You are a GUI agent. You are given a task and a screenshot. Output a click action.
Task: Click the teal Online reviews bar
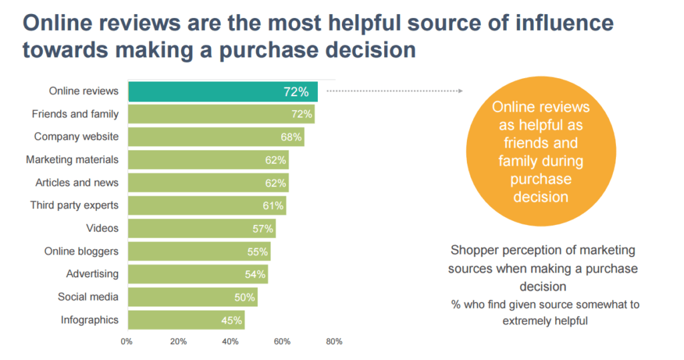click(222, 92)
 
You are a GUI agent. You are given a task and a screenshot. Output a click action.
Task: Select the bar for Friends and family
click(221, 114)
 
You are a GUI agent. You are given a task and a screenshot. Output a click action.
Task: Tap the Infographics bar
click(185, 320)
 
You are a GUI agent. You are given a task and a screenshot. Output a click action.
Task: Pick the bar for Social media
click(192, 297)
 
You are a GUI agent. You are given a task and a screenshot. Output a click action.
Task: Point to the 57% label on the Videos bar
click(263, 228)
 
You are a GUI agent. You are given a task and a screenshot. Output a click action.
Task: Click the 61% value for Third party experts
click(273, 206)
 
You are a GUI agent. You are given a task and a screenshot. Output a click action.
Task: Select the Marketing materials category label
click(72, 160)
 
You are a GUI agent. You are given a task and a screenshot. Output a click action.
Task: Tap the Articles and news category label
click(77, 182)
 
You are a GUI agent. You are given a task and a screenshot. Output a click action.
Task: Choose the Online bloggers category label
click(81, 251)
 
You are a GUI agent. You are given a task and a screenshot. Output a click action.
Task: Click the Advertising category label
click(92, 274)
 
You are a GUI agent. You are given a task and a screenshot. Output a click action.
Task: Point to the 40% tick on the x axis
click(230, 342)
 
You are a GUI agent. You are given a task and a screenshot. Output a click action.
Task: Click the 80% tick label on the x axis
click(334, 342)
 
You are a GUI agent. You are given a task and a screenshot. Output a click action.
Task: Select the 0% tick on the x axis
click(126, 342)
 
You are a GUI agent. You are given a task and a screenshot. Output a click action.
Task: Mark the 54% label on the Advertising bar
click(255, 275)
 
